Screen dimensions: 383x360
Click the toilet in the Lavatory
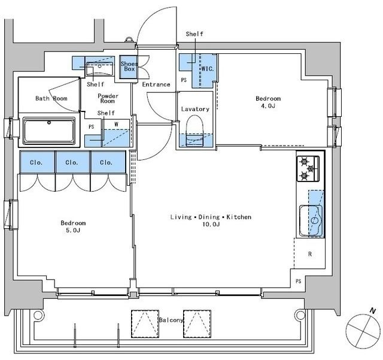pos(194,131)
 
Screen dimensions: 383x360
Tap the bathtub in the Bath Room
pos(49,131)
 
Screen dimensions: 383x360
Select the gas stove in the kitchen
pos(308,168)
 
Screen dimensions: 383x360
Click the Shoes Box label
pos(129,66)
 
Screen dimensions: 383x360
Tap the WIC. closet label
pos(208,69)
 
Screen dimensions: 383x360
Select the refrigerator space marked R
pos(310,254)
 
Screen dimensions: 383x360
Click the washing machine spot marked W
pos(116,124)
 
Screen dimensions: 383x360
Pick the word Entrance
pos(156,84)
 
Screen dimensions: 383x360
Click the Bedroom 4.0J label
pos(268,102)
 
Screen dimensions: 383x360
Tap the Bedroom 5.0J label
pos(73,226)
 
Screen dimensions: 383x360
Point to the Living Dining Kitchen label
pos(211,220)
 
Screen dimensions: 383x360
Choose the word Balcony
pos(171,320)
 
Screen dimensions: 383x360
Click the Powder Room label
pos(108,98)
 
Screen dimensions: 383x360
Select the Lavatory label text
pos(195,109)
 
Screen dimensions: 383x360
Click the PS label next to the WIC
pos(184,80)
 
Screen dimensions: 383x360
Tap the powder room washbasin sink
pos(99,69)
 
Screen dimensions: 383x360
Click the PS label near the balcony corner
pos(298,282)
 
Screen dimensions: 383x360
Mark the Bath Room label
pos(51,98)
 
